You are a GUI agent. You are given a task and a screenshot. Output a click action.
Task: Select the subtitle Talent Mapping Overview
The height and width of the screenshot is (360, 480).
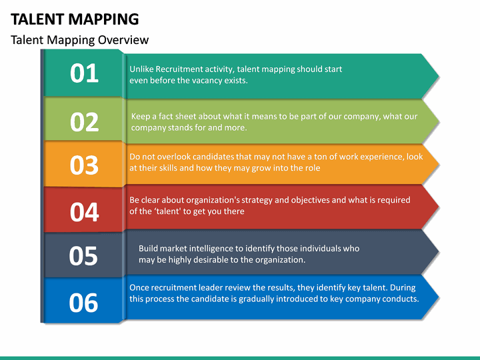[80, 40]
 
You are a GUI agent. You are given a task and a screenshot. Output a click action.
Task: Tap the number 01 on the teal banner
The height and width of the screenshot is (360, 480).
[84, 73]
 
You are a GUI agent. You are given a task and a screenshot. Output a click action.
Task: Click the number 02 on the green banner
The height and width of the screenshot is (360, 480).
[84, 121]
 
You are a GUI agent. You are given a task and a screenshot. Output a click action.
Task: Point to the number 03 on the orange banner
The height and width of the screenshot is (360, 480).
[84, 165]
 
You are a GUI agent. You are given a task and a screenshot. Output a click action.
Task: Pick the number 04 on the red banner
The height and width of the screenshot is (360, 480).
[84, 212]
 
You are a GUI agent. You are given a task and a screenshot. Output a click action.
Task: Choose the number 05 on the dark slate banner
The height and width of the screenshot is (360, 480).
[84, 256]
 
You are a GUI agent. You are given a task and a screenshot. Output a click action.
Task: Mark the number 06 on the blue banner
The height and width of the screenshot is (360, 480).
[84, 303]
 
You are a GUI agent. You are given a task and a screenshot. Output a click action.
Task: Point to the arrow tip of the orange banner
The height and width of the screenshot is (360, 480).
[438, 163]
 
